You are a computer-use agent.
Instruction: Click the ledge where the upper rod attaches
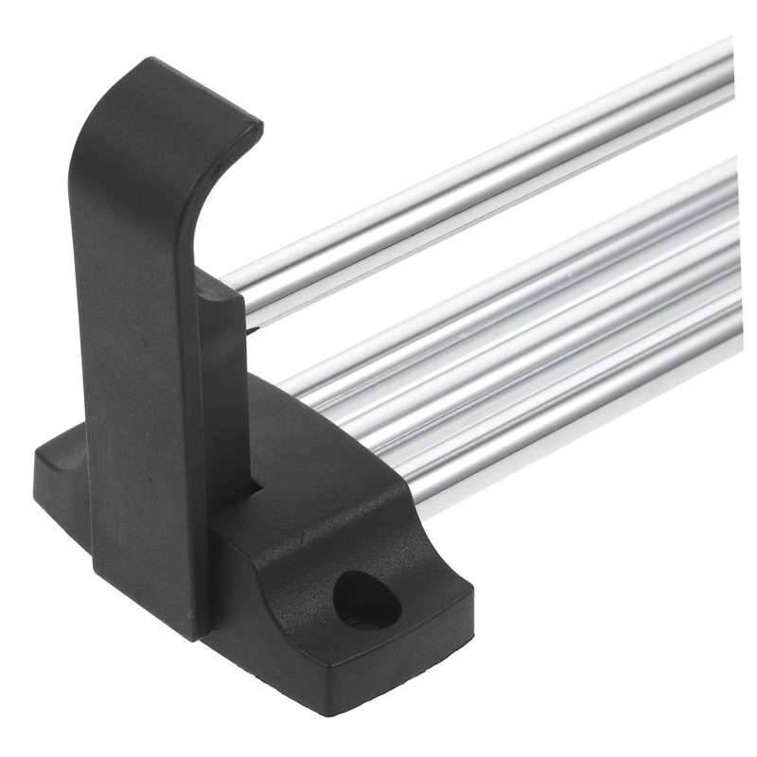[x=223, y=284]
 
